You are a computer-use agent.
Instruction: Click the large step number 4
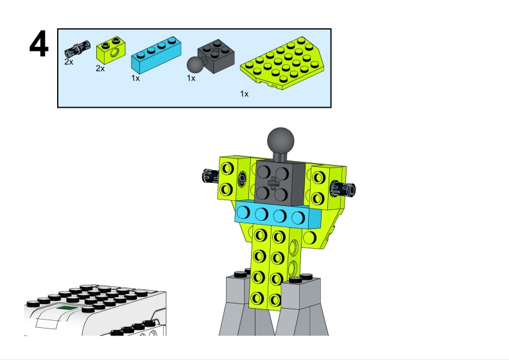pyautogui.click(x=39, y=44)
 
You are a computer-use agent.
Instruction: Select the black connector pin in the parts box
pyautogui.click(x=78, y=49)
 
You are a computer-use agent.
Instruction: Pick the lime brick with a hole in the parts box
pyautogui.click(x=111, y=50)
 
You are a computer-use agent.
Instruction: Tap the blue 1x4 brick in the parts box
pyautogui.click(x=156, y=55)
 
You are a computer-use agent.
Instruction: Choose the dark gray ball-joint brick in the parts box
pyautogui.click(x=211, y=57)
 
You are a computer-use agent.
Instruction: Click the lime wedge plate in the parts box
pyautogui.click(x=282, y=63)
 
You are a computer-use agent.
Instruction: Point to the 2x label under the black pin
pyautogui.click(x=69, y=62)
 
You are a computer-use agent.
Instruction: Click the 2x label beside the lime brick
pyautogui.click(x=100, y=69)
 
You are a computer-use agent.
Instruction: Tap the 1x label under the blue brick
pyautogui.click(x=135, y=78)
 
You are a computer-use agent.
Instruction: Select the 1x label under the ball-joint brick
pyautogui.click(x=191, y=78)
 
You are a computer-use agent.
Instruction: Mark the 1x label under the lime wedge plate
pyautogui.click(x=245, y=94)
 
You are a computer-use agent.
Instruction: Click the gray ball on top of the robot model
pyautogui.click(x=280, y=141)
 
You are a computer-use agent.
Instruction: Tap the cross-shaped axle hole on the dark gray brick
pyautogui.click(x=273, y=183)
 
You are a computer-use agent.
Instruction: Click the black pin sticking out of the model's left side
pyautogui.click(x=210, y=176)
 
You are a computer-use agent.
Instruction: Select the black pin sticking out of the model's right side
pyautogui.click(x=343, y=189)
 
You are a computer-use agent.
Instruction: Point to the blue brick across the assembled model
pyautogui.click(x=278, y=214)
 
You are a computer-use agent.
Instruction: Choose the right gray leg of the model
pyautogui.click(x=302, y=307)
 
